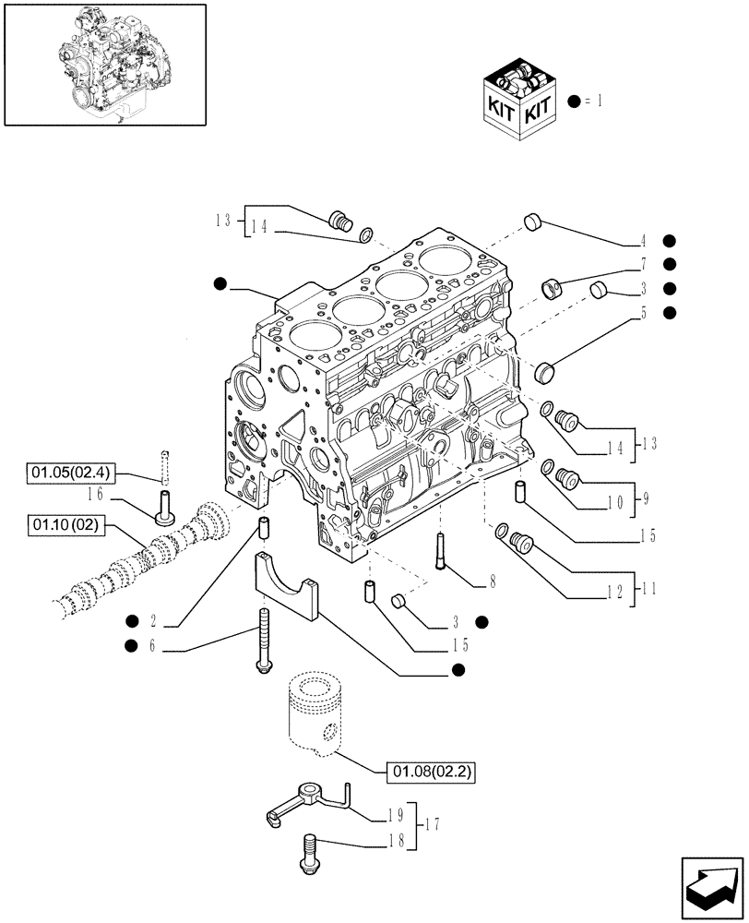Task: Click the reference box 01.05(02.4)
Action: (70, 474)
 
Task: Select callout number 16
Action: (119, 495)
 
